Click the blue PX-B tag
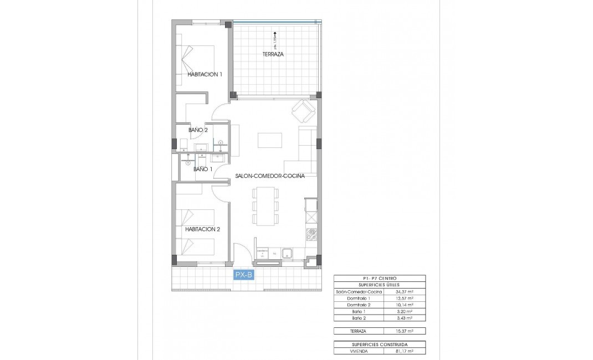pos(244,275)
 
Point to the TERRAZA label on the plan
pos(273,54)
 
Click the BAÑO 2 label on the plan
pos(198,130)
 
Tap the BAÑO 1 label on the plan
pos(202,169)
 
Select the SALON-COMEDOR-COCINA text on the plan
pos(268,176)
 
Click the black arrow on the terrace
pos(274,38)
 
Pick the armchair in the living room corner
pos(303,112)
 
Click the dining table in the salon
pos(264,205)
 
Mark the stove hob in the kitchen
pos(312,235)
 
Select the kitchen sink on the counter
pos(288,254)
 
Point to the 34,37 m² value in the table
pos(403,292)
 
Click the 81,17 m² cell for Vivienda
pos(403,351)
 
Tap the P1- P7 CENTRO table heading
pos(380,278)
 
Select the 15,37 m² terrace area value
pos(403,331)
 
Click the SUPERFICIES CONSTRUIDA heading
pos(380,344)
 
